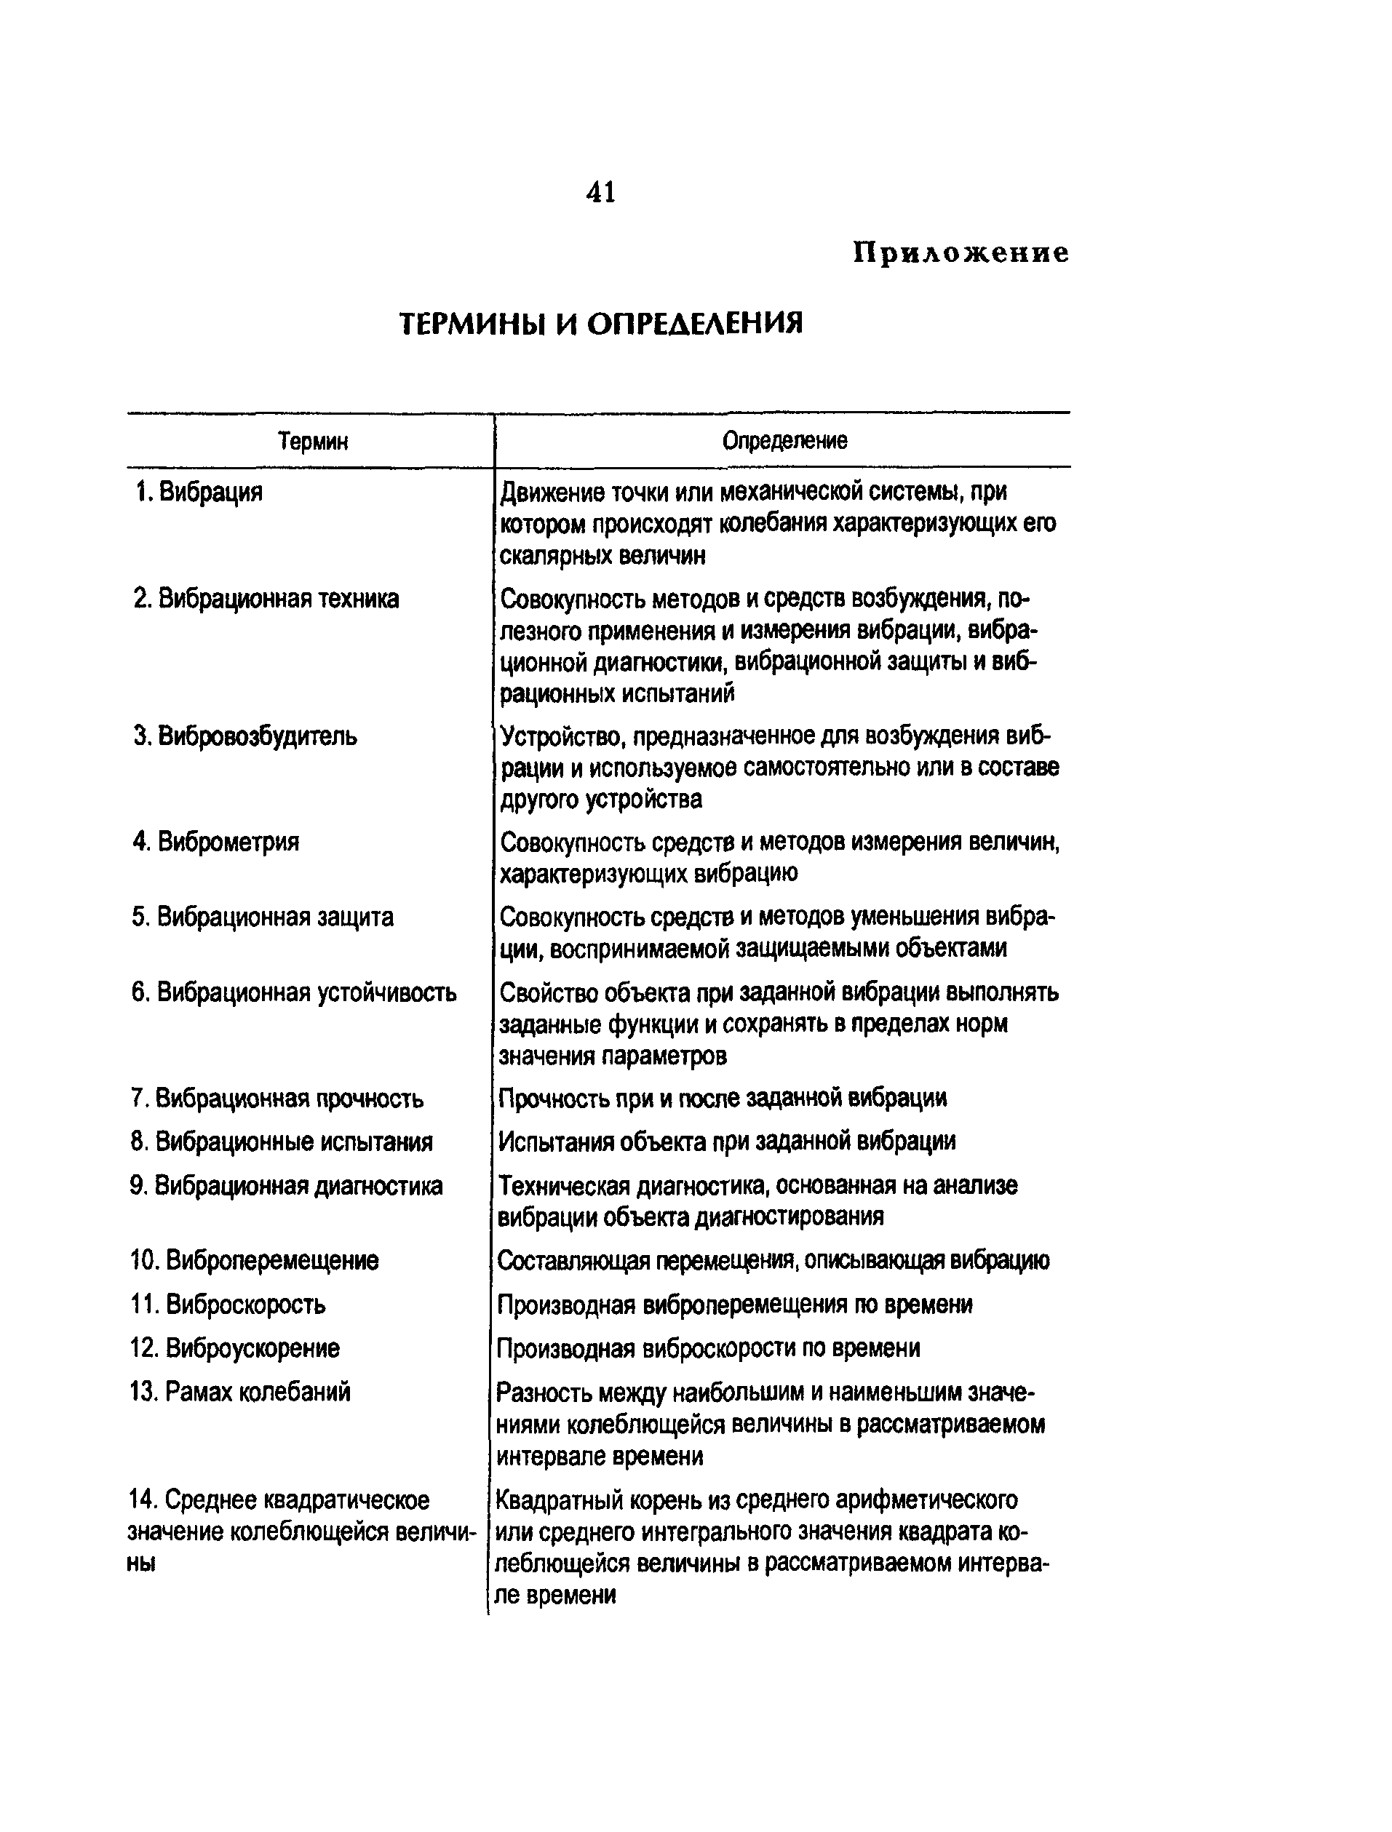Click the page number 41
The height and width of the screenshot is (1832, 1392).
(x=601, y=193)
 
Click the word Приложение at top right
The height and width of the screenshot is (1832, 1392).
(x=961, y=252)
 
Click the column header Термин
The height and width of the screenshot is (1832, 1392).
(x=312, y=441)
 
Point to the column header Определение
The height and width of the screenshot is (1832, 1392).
(x=784, y=440)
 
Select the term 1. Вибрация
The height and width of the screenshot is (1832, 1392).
(x=199, y=492)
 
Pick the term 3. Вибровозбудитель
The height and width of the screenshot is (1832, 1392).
(x=246, y=736)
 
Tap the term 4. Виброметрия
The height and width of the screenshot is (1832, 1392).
(x=216, y=842)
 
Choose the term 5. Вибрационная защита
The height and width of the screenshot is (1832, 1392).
(x=263, y=917)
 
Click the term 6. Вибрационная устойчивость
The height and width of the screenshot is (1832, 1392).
(x=294, y=992)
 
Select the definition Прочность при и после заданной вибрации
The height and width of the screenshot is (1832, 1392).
(x=723, y=1099)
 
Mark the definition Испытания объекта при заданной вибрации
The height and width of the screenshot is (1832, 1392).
(x=727, y=1142)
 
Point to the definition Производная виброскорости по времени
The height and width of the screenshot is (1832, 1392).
(x=709, y=1348)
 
